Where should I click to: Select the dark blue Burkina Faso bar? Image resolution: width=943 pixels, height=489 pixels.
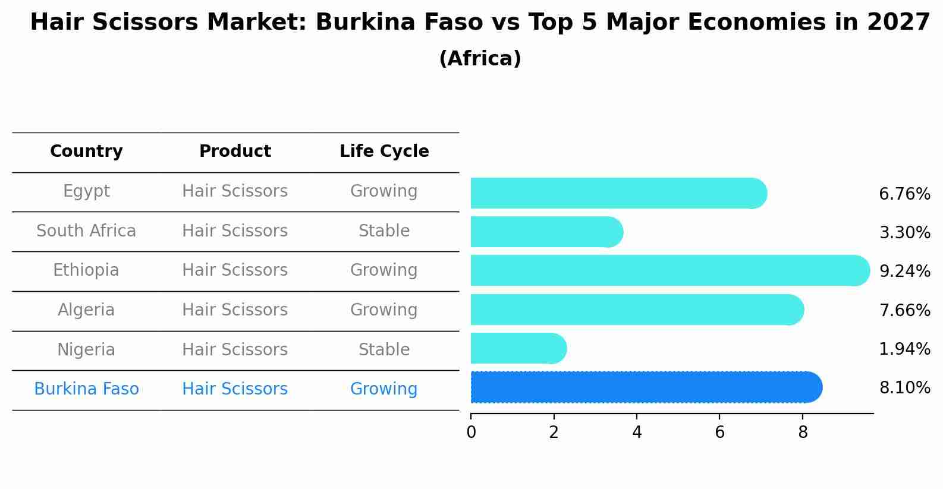(x=646, y=387)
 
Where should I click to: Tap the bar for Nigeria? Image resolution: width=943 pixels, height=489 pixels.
(x=518, y=348)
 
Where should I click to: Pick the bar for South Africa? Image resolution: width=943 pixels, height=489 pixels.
(x=546, y=232)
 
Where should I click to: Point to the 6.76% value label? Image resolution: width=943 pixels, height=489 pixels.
(x=904, y=194)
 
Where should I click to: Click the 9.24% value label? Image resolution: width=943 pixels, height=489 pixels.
(x=904, y=272)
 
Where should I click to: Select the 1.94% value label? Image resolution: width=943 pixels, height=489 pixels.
(x=904, y=349)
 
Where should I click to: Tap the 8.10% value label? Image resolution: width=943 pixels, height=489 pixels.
(x=904, y=388)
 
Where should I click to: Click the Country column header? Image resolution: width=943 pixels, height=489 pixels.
(x=86, y=152)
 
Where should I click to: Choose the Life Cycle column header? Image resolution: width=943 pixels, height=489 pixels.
(x=384, y=152)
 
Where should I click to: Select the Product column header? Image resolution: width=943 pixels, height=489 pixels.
(x=235, y=152)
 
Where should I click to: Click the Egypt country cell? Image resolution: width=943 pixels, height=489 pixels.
(x=86, y=191)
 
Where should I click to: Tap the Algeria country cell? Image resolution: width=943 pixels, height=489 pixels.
(x=86, y=310)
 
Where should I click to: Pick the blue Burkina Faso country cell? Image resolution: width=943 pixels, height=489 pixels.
(x=86, y=389)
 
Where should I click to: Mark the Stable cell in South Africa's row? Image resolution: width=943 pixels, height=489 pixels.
(x=384, y=231)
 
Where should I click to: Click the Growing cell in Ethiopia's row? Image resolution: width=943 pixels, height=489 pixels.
(x=384, y=270)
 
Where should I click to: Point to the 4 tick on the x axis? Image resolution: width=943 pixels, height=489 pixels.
(x=637, y=433)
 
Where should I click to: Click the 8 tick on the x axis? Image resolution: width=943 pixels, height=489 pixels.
(x=803, y=433)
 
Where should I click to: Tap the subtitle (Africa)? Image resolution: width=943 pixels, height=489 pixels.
(x=480, y=59)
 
